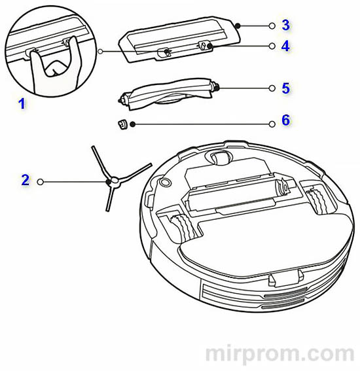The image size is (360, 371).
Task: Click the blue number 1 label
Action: [22, 104]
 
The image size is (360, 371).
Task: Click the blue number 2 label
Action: [26, 180]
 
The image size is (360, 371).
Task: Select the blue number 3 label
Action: [285, 25]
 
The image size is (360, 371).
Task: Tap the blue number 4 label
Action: [285, 46]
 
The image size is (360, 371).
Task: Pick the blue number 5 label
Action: [285, 88]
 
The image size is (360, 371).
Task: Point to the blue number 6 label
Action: [285, 120]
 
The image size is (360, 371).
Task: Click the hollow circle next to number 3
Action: [272, 26]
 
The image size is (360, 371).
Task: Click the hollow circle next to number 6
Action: [272, 124]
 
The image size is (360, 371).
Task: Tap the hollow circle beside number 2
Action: [41, 182]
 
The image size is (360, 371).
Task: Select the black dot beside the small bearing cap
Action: [133, 124]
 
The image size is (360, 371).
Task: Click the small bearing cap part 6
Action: [122, 124]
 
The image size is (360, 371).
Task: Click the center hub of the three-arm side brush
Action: [114, 181]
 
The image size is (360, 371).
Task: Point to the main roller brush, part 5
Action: [168, 94]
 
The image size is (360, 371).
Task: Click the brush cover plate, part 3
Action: [179, 39]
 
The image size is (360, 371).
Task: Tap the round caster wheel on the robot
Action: [219, 157]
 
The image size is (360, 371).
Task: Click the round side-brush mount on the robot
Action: [165, 182]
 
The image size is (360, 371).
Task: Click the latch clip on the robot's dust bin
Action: [285, 277]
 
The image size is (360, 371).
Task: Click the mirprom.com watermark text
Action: [279, 354]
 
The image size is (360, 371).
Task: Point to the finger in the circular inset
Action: [56, 67]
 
